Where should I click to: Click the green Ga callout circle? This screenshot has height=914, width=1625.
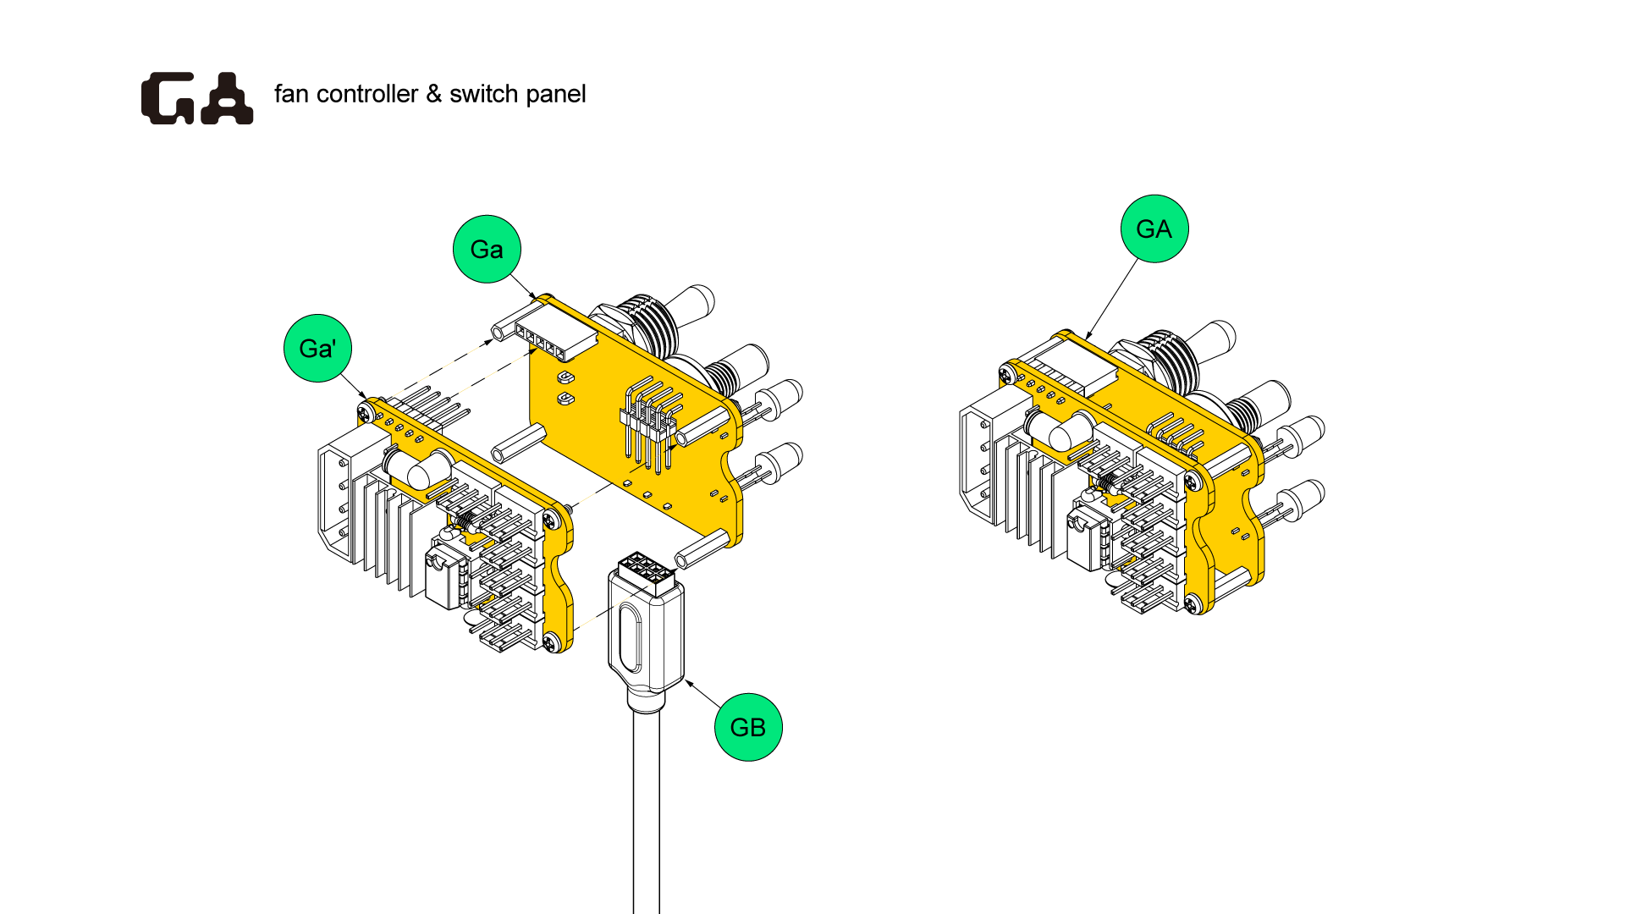[487, 249]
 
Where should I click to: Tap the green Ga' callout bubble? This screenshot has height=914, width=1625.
[317, 348]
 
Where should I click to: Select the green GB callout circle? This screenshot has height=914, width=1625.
[748, 727]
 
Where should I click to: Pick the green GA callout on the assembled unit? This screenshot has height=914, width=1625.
[1154, 228]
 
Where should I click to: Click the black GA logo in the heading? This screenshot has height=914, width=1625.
[197, 98]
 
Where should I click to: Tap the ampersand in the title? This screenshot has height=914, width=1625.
[434, 93]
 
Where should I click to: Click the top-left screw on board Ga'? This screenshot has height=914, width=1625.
[365, 412]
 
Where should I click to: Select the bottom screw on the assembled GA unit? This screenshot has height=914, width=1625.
[1193, 604]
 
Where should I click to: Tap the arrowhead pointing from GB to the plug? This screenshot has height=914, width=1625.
[690, 683]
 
